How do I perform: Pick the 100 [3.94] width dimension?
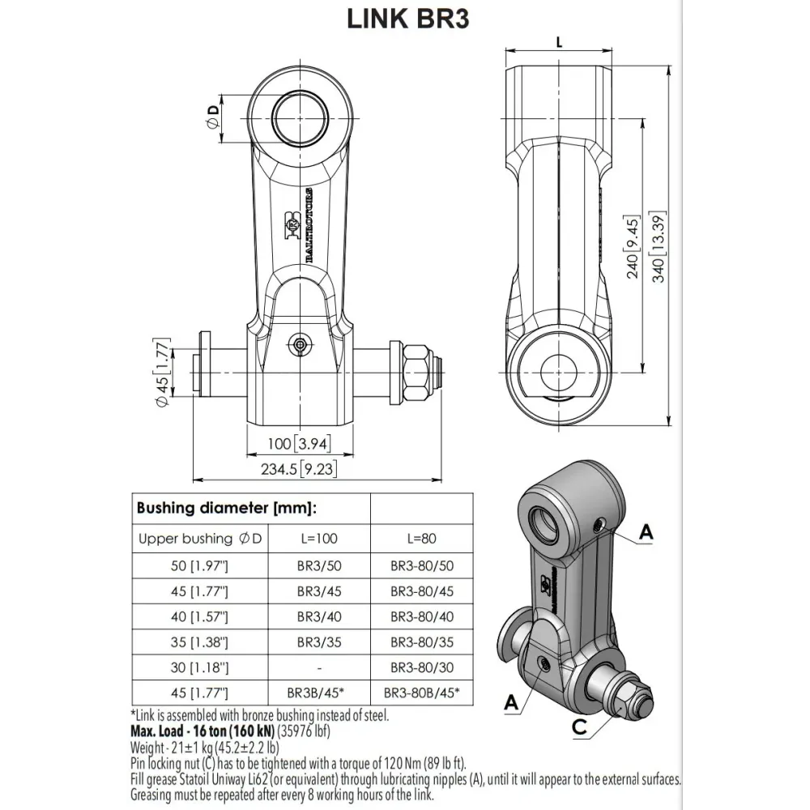pyautogui.click(x=299, y=443)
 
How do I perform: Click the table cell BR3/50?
pyautogui.click(x=319, y=565)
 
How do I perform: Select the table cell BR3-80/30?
pyautogui.click(x=422, y=667)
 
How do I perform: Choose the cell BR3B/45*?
pyautogui.click(x=319, y=693)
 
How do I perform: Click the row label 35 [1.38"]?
pyautogui.click(x=199, y=642)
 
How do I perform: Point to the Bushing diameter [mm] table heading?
pyautogui.click(x=227, y=509)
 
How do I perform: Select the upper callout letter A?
pyautogui.click(x=646, y=531)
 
